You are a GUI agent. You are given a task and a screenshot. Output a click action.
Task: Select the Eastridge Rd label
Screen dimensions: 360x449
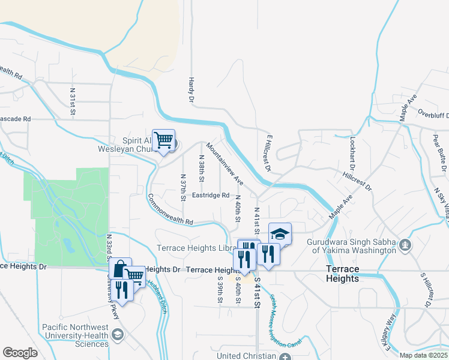pyautogui.click(x=211, y=196)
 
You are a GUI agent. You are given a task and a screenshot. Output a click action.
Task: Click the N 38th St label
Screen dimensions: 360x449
pyautogui.click(x=202, y=168)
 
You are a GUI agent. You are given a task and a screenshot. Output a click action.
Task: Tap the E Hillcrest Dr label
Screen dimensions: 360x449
pyautogui.click(x=268, y=153)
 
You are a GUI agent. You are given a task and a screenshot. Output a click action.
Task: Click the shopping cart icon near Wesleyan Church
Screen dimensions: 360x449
pyautogui.click(x=163, y=140)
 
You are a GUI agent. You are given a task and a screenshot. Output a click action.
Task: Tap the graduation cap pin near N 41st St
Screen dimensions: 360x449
pyautogui.click(x=280, y=234)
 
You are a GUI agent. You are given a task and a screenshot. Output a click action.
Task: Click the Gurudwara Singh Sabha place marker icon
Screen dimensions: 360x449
pyautogui.click(x=406, y=245)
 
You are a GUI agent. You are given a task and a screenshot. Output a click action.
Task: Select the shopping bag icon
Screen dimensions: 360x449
pyautogui.click(x=120, y=269)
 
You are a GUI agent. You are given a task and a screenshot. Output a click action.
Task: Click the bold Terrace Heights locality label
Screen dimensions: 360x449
pyautogui.click(x=342, y=274)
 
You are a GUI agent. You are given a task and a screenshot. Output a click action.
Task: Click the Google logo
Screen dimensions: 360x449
pyautogui.click(x=20, y=353)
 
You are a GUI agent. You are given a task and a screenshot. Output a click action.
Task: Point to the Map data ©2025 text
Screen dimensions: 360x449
pyautogui.click(x=424, y=355)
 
